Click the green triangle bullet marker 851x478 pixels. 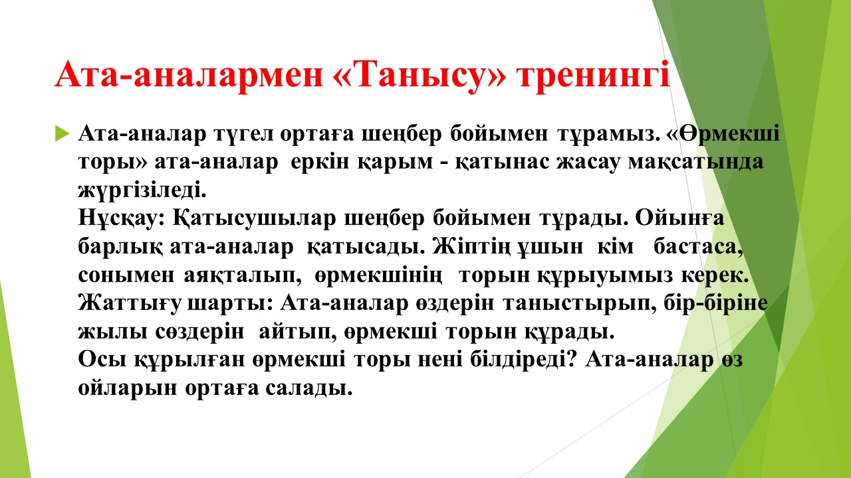[62, 133]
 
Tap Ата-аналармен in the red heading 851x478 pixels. [189, 74]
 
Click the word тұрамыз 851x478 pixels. [607, 135]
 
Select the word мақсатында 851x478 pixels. [695, 163]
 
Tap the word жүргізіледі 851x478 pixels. [142, 191]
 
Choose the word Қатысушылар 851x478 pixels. [254, 219]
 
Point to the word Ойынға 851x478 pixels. [679, 219]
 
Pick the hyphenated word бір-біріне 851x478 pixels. [716, 303]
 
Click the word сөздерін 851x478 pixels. [199, 332]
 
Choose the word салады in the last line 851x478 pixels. [309, 388]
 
